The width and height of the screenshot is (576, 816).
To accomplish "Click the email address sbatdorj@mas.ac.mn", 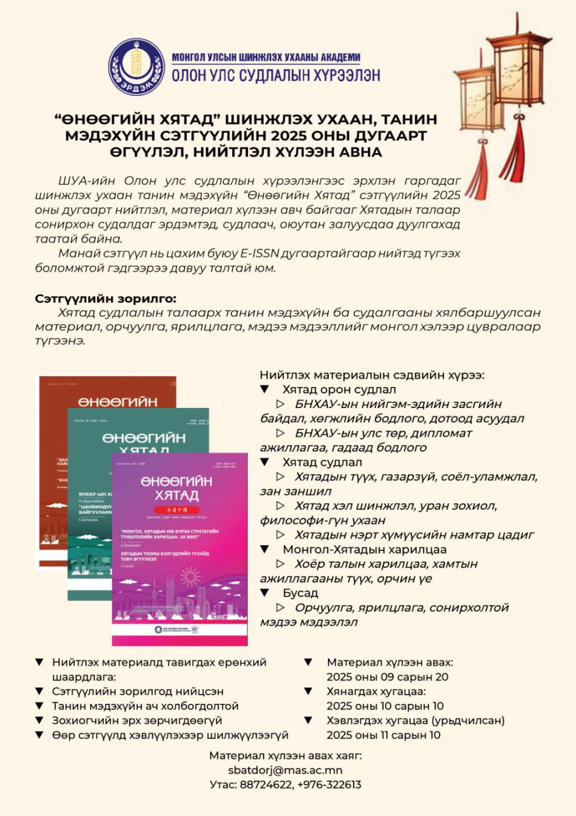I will click(x=285, y=770).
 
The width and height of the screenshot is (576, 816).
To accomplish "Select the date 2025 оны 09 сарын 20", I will click(x=387, y=677).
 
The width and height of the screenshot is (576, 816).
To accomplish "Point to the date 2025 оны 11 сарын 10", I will click(x=383, y=735).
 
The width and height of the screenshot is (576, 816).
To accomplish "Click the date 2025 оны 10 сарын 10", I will click(x=385, y=706).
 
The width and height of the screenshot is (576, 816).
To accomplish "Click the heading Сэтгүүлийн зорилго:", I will click(x=106, y=299).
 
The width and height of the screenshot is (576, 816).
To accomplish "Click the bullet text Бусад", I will click(x=300, y=593).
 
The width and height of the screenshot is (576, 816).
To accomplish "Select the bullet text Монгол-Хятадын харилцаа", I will click(x=364, y=549).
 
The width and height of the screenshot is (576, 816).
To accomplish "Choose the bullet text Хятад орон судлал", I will click(x=339, y=389).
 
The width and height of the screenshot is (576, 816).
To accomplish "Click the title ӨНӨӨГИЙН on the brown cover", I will click(x=117, y=402).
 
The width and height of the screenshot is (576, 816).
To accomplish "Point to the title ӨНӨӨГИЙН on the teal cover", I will click(x=144, y=438).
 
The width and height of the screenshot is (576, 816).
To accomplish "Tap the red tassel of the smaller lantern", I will click(x=483, y=170).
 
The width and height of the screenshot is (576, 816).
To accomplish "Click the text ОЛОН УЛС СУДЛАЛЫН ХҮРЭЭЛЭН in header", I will click(x=276, y=75).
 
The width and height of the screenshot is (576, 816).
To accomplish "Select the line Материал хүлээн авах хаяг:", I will click(x=285, y=755).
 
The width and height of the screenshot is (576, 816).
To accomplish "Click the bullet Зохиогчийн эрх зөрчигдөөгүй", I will click(x=137, y=720).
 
